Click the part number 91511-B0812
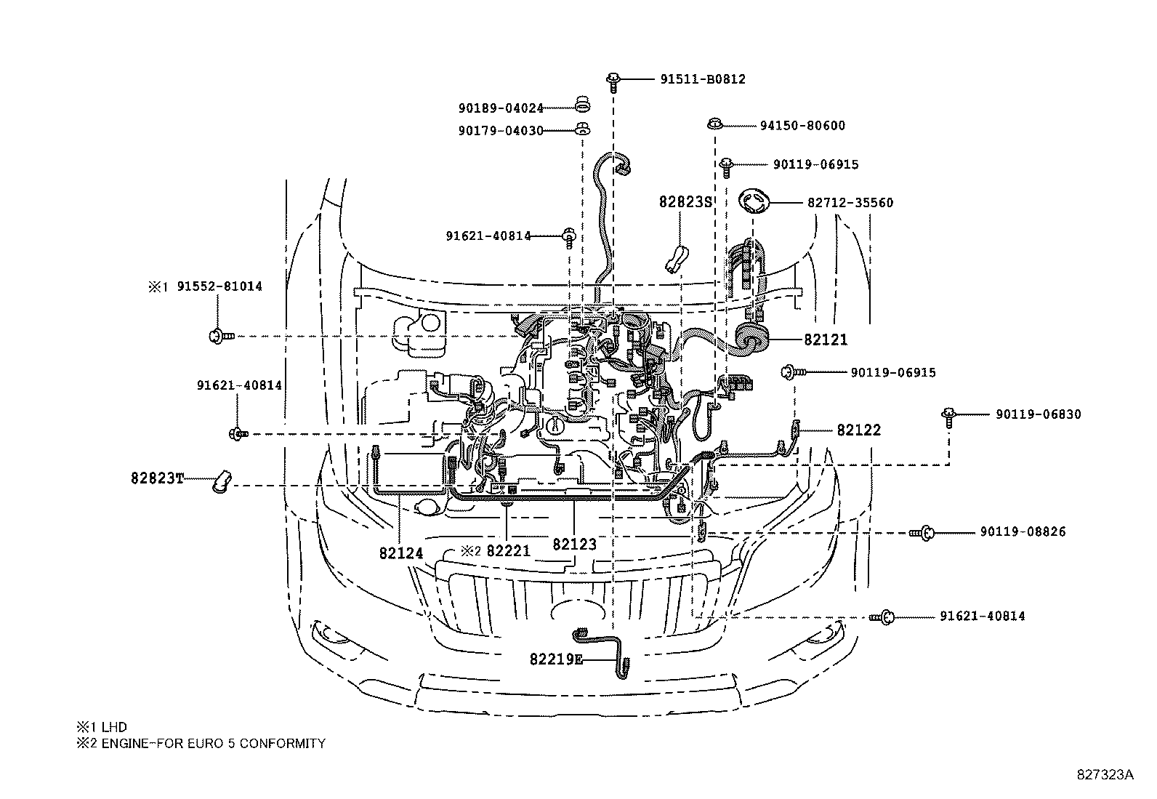[703, 79]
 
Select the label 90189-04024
[501, 108]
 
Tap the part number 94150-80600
[802, 126]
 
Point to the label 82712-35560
[850, 203]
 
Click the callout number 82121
[826, 340]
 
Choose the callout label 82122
[859, 430]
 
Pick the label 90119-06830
[1039, 414]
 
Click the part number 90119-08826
[1023, 531]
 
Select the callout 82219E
[556, 659]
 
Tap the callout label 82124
[401, 553]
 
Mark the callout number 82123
[574, 545]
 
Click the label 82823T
[157, 478]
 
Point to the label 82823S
[685, 202]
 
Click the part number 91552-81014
[219, 286]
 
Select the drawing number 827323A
[1105, 775]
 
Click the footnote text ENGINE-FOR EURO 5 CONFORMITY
[214, 744]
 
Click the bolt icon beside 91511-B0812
[613, 82]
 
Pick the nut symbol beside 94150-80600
[715, 124]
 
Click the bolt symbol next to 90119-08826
[922, 532]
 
